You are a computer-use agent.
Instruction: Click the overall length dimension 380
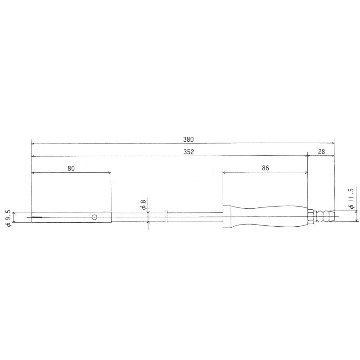tap(183, 139)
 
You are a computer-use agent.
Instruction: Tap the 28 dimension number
tap(321, 152)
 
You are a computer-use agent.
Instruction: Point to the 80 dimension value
tap(71, 168)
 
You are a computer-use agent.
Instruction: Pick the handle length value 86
tap(265, 168)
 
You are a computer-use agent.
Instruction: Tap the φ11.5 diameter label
tap(351, 198)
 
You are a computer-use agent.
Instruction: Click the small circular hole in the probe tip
tap(94, 218)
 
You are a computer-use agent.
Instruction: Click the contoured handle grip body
tap(270, 216)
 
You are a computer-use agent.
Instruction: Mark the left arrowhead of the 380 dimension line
tap(33, 144)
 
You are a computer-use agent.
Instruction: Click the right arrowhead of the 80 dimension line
tap(109, 172)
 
